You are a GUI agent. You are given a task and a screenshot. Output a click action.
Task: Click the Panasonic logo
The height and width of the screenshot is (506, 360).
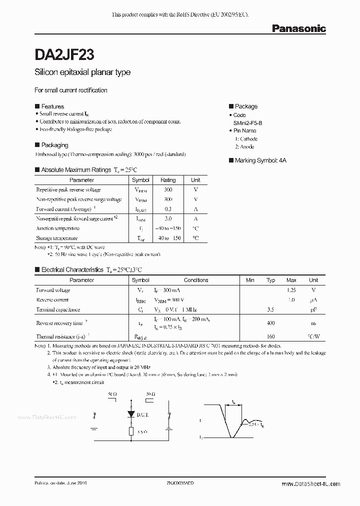[298, 29]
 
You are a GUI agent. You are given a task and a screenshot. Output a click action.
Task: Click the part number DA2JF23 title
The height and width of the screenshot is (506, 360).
[65, 53]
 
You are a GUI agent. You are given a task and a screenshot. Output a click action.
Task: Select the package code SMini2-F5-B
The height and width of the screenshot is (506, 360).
[251, 122]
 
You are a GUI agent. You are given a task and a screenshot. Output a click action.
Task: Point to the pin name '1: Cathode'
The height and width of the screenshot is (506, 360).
[246, 138]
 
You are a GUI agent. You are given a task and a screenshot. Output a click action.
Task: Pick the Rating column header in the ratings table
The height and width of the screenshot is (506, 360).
[168, 180]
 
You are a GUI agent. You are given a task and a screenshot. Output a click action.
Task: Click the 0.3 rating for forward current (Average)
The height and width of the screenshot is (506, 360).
[168, 209]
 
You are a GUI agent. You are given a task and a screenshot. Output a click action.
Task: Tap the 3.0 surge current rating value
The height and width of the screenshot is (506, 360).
[168, 218]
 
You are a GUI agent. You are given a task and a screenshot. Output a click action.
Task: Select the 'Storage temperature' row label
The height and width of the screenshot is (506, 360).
[57, 238]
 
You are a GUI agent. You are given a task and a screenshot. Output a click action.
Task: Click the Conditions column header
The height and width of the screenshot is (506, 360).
[196, 280]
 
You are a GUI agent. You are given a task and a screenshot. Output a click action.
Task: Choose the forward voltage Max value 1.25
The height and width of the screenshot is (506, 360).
[291, 290]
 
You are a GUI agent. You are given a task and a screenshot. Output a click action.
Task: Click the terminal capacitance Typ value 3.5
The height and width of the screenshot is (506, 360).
[270, 309]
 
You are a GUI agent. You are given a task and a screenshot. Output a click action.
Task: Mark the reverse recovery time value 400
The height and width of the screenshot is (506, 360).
[270, 323]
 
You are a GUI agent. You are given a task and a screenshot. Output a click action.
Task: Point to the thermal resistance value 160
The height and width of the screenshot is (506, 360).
[270, 336]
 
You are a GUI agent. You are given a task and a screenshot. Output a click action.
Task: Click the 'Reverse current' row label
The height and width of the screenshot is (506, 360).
[52, 300]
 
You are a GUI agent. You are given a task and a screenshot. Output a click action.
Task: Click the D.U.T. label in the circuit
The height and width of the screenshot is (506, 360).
[148, 414]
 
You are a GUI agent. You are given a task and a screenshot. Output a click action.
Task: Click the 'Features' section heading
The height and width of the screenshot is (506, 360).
[52, 106]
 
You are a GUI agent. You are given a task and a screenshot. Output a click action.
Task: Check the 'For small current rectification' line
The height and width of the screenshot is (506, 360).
[71, 90]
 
